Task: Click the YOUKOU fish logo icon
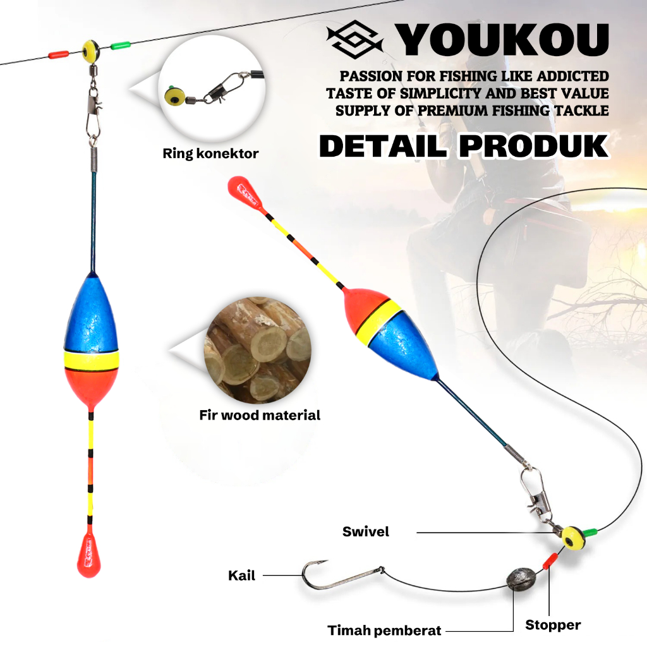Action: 355,39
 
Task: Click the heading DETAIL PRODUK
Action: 463,145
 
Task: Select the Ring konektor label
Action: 210,153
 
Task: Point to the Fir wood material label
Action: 260,415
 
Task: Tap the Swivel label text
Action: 366,531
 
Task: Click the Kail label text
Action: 241,576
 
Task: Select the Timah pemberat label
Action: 384,630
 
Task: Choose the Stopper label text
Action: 553,625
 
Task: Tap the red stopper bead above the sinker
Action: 550,559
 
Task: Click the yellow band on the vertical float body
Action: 92,361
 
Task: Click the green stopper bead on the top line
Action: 119,45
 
